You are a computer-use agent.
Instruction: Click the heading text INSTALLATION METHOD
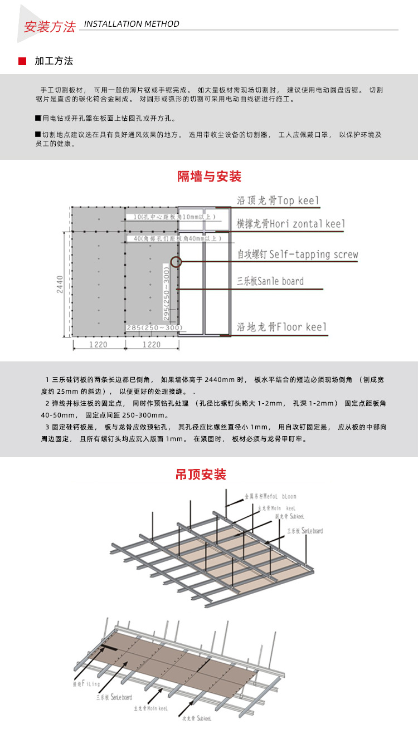coord(132,24)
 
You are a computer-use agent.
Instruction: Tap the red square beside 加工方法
coord(22,61)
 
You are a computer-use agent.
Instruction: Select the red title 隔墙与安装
coord(209,177)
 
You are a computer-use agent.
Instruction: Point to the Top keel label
coord(278,200)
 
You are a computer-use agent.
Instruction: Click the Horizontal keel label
coord(290,224)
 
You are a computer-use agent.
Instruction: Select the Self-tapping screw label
coord(298,255)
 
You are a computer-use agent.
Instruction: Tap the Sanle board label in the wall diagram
coord(270,281)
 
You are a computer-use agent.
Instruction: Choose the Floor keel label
coord(281,327)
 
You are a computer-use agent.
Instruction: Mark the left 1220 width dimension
coord(98,345)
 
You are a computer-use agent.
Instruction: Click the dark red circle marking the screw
coord(176,261)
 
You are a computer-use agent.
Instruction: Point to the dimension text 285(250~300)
coord(154,327)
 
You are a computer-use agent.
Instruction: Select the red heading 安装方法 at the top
coord(50,27)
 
